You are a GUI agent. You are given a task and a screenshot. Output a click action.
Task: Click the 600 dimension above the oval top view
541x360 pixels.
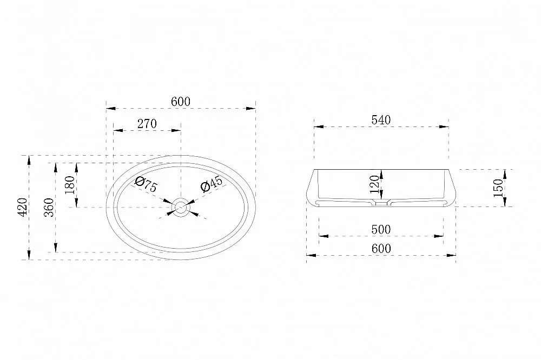(x=181, y=102)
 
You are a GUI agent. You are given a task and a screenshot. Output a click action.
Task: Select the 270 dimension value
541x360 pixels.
(x=147, y=123)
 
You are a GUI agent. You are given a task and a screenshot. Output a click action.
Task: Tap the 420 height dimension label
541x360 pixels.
(x=22, y=207)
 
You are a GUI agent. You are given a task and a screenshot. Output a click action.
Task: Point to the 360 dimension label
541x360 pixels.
(x=49, y=207)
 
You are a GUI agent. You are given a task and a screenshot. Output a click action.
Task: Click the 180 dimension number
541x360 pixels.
(x=70, y=185)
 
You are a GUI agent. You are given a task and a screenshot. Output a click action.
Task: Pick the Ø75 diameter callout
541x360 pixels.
(x=146, y=184)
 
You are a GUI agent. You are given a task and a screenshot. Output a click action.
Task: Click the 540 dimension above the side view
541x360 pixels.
(x=381, y=119)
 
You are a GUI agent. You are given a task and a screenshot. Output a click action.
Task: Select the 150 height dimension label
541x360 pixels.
(x=498, y=188)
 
